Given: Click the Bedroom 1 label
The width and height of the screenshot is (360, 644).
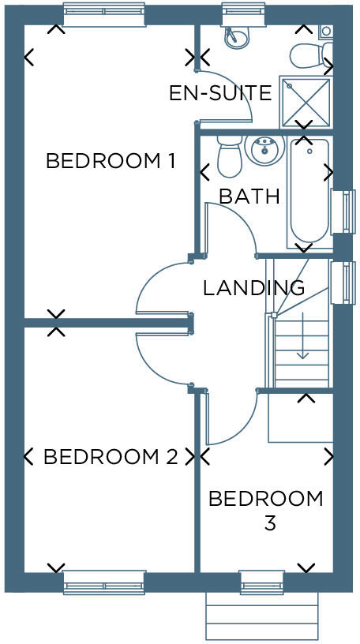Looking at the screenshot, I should point(110,161).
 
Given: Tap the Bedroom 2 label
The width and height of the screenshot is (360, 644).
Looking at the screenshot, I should point(110,457).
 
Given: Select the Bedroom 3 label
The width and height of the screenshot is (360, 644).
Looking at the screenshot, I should point(266,510).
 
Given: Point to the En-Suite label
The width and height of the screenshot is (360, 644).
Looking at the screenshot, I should point(220,93).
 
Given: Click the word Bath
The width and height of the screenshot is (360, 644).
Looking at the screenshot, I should point(249,196).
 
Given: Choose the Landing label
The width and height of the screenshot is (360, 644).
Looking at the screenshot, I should point(253,287).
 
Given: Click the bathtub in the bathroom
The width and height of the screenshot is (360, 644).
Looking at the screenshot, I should point(309,192).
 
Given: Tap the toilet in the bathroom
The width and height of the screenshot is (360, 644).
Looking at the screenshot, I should point(229,156).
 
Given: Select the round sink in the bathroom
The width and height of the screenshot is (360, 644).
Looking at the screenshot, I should point(263,148).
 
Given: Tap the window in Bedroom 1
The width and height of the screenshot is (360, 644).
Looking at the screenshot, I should point(104,14).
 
